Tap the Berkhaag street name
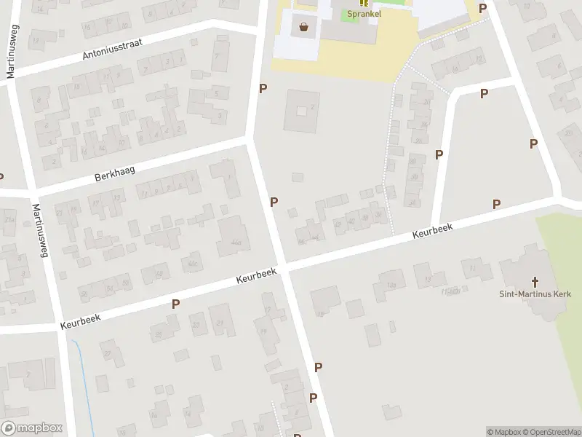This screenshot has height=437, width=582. [x=116, y=172]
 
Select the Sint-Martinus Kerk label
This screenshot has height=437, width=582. [x=535, y=294]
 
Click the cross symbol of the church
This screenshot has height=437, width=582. [x=535, y=281]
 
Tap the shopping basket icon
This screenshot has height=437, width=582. [x=303, y=28]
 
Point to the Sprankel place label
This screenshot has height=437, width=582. [x=363, y=13]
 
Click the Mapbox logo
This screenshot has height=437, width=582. [x=32, y=428]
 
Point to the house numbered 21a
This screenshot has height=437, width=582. [x=9, y=219]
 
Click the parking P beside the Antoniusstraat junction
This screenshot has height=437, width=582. [x=263, y=88]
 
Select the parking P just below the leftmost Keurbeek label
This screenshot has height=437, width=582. [x=175, y=304]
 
